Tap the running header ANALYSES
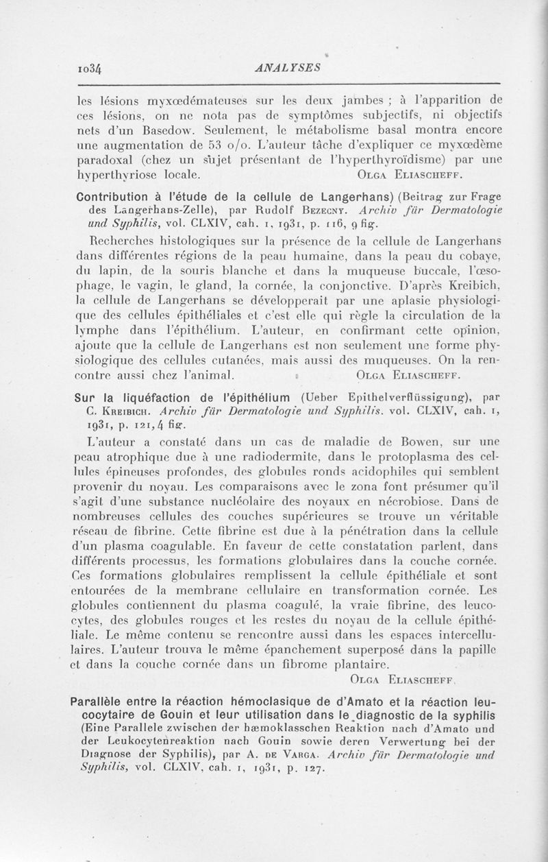tap(279, 68)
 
